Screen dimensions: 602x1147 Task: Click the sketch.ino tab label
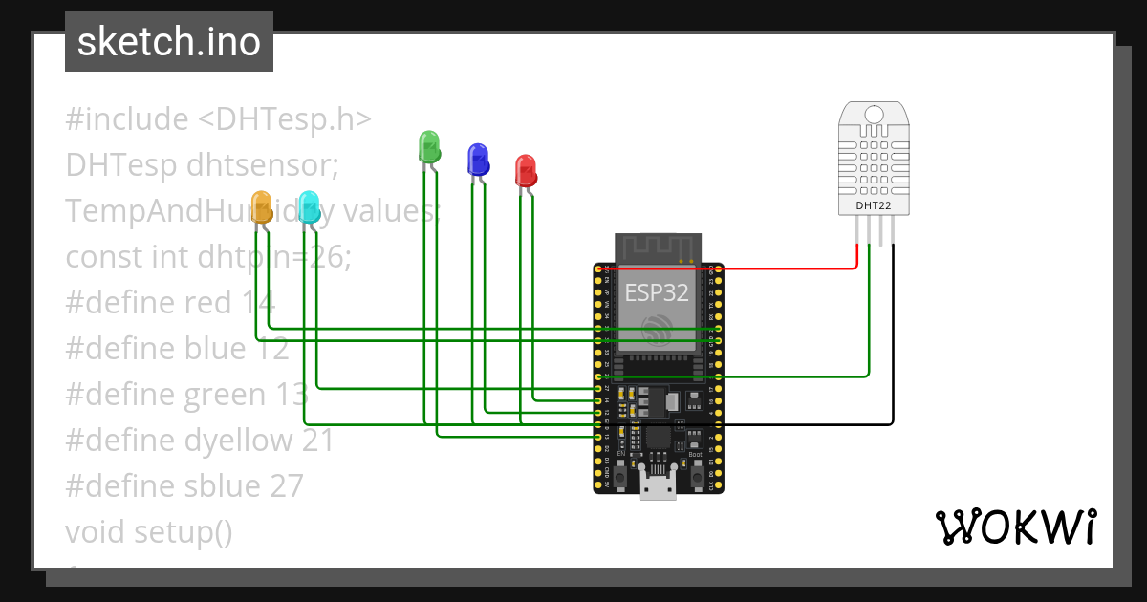168,42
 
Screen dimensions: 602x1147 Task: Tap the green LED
429,147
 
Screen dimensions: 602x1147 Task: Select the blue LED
477,159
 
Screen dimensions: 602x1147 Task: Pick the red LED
525,170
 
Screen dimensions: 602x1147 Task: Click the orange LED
261,206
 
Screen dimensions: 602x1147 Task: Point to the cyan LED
308,206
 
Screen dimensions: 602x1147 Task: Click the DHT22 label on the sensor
874,204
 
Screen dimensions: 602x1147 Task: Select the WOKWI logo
1015,527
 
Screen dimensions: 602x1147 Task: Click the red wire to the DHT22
784,269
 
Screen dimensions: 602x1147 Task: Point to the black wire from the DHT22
893,334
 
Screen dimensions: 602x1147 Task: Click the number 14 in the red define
257,303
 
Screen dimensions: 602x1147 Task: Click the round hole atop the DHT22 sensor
874,116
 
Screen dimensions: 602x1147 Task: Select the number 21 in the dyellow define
317,441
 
